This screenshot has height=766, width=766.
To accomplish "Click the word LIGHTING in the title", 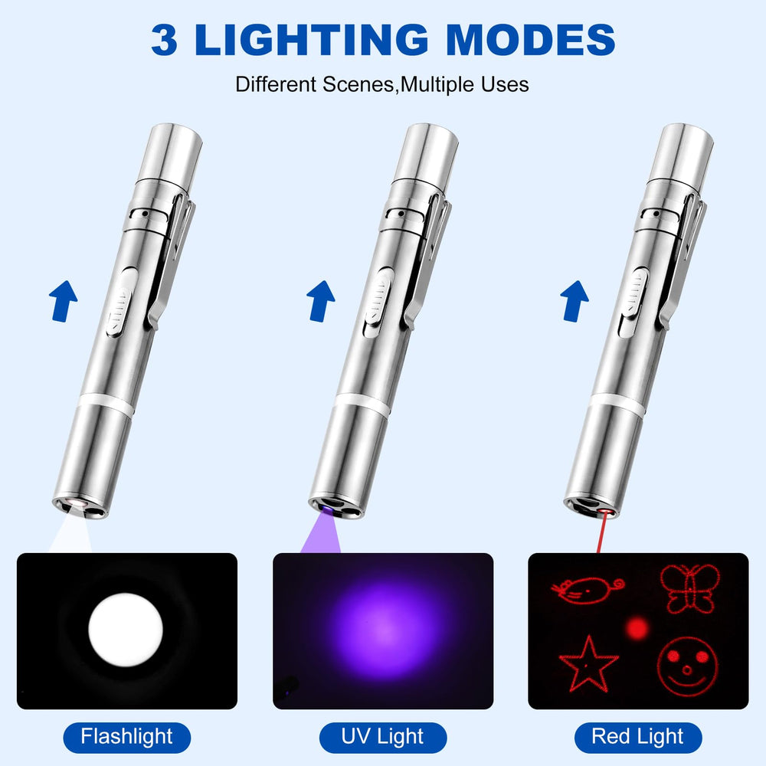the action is pyautogui.click(x=311, y=39).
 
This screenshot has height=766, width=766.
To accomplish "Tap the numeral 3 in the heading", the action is pyautogui.click(x=164, y=40).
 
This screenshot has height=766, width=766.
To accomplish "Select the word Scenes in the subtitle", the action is pyautogui.click(x=358, y=84).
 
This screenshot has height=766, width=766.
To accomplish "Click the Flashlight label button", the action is pyautogui.click(x=126, y=737).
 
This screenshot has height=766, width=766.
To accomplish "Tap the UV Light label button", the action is pyautogui.click(x=382, y=737).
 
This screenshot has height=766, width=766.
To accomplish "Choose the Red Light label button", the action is pyautogui.click(x=638, y=737).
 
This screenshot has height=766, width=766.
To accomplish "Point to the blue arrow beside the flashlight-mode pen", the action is pyautogui.click(x=63, y=301).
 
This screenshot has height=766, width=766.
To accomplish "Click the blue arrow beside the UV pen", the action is pyautogui.click(x=320, y=301).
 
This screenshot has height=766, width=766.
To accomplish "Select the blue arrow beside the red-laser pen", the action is pyautogui.click(x=574, y=301).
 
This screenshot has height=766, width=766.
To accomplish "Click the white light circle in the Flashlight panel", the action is pyautogui.click(x=126, y=630).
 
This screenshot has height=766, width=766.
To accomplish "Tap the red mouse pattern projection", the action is pyautogui.click(x=588, y=590).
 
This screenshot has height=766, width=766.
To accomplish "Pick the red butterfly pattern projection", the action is pyautogui.click(x=689, y=588).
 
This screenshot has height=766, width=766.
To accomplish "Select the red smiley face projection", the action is pyautogui.click(x=687, y=666).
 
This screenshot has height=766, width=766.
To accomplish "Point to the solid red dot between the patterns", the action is pyautogui.click(x=637, y=628).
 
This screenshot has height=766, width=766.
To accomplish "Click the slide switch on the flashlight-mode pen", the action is pyautogui.click(x=120, y=303).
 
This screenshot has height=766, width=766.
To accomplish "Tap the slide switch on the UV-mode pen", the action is pyautogui.click(x=378, y=303).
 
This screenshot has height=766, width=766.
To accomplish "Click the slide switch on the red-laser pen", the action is pyautogui.click(x=633, y=303).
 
